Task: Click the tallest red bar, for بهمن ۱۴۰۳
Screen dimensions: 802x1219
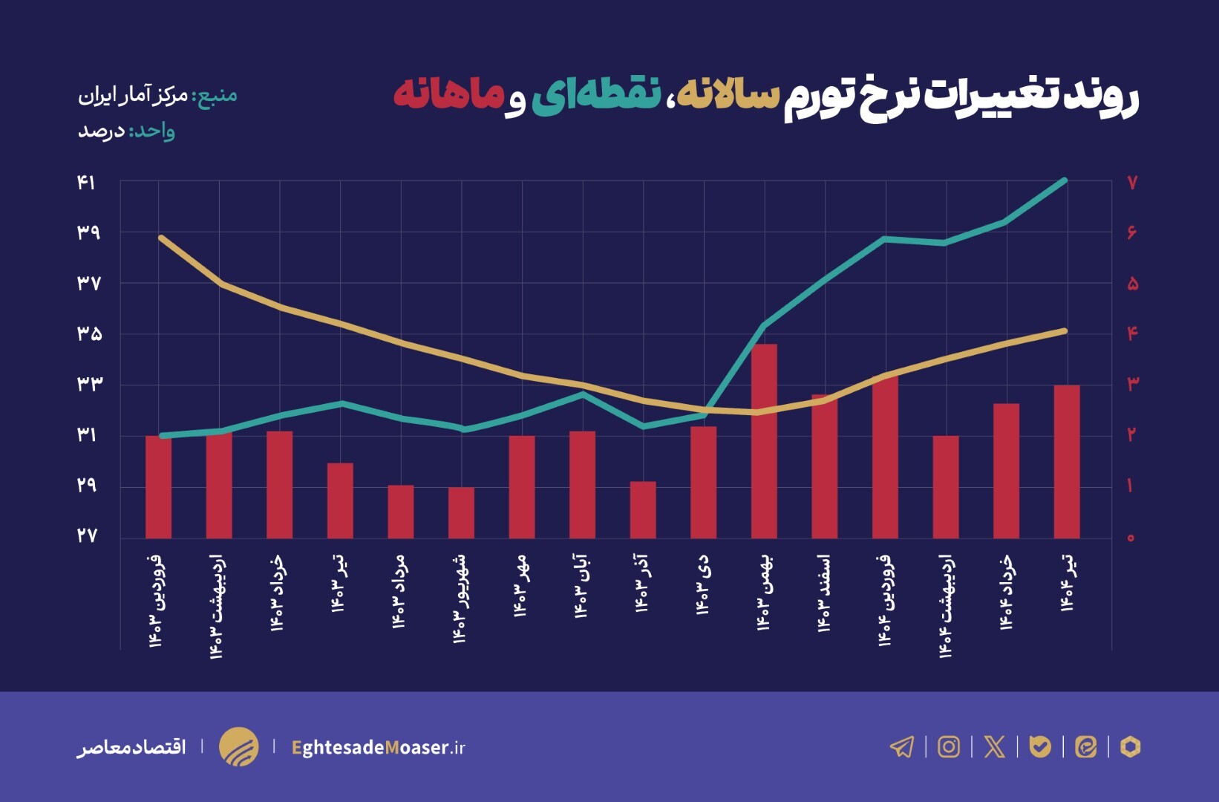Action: [x=764, y=441]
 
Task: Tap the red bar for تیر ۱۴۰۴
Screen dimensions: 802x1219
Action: [x=1067, y=461]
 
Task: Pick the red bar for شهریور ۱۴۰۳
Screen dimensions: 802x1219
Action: [x=461, y=512]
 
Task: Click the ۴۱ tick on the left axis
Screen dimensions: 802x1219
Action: [x=86, y=183]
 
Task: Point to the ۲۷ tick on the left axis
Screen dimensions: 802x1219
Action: [x=86, y=535]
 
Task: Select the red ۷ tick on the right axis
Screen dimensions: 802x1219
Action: [x=1132, y=183]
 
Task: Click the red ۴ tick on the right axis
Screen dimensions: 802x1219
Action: [x=1132, y=333]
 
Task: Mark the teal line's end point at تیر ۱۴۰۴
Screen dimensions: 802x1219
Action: [x=1065, y=180]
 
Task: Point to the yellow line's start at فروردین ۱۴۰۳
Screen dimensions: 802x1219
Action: [x=161, y=238]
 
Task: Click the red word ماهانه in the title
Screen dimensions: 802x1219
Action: [x=448, y=95]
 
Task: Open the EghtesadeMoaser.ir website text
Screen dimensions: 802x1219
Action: [x=378, y=747]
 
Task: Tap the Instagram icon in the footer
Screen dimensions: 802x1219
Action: [x=948, y=746]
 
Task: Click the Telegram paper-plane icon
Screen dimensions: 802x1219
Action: [x=902, y=746]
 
